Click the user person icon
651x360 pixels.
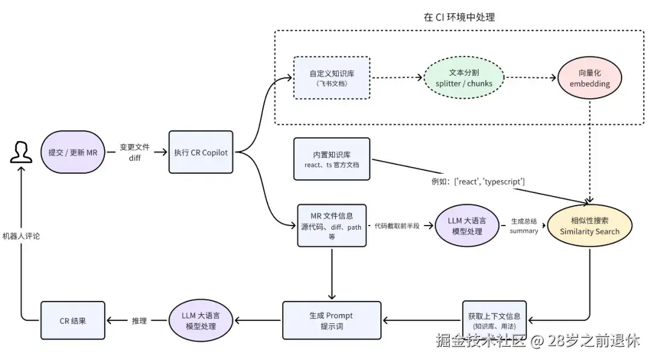tap(21, 152)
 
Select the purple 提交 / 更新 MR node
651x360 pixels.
tap(73, 152)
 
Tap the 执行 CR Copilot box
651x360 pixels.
tap(201, 152)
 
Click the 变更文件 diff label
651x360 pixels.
tap(134, 153)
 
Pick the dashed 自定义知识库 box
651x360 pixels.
tap(332, 78)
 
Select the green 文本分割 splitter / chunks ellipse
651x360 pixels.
tap(464, 78)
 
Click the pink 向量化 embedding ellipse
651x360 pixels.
tap(590, 78)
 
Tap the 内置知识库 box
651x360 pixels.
tap(332, 159)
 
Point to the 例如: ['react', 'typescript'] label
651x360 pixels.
tap(478, 182)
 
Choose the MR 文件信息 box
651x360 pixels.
tap(332, 226)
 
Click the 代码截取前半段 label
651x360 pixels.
tap(397, 226)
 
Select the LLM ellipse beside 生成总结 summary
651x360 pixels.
tap(467, 226)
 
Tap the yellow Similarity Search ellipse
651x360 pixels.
tap(590, 226)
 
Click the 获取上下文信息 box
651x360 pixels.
tap(494, 321)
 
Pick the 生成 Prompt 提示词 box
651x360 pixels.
tap(332, 321)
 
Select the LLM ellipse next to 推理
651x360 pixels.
tap(201, 321)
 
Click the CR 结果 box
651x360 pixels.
tap(73, 321)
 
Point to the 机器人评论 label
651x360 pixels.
tap(21, 236)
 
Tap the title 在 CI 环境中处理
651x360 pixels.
tap(459, 17)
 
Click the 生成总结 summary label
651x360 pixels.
tap(524, 226)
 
